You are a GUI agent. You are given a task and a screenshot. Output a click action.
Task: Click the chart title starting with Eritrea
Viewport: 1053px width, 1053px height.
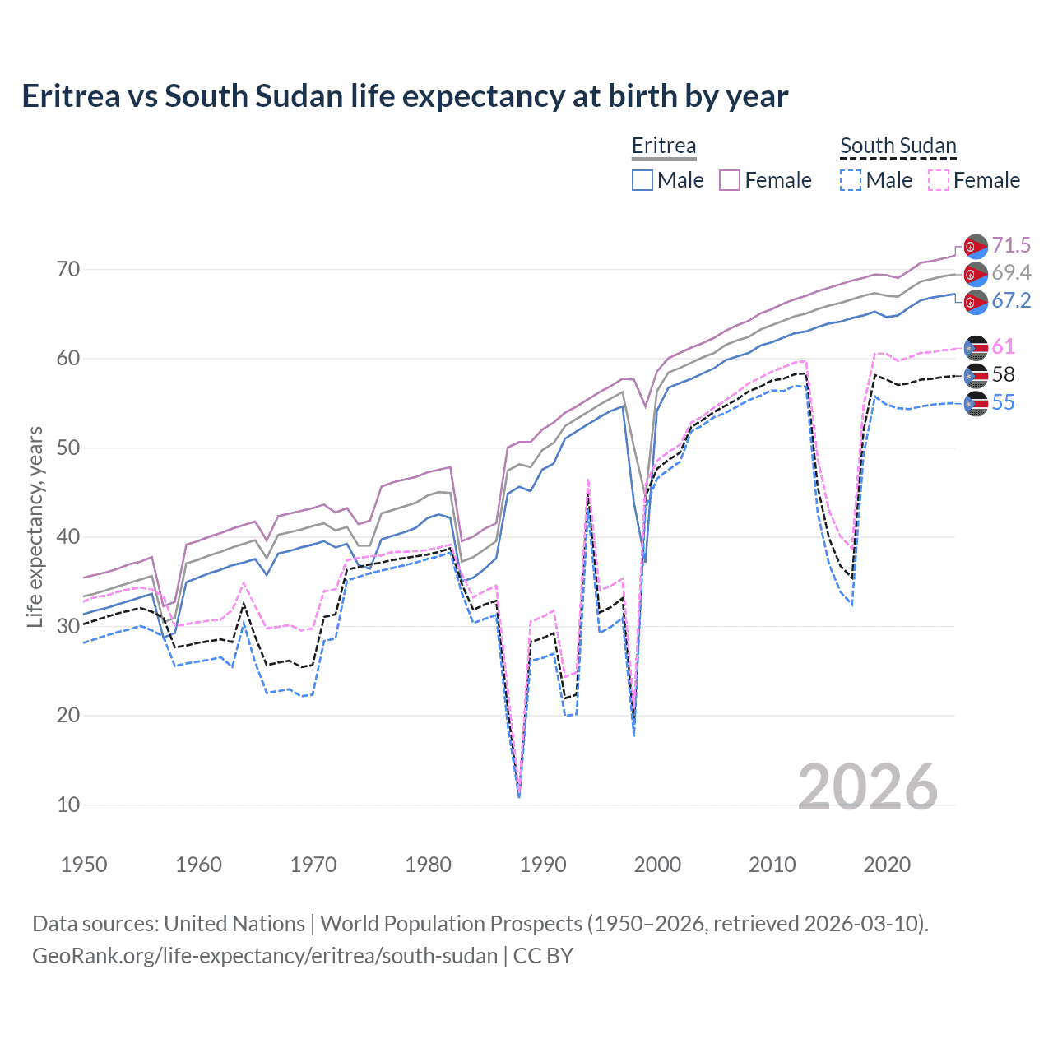(x=405, y=96)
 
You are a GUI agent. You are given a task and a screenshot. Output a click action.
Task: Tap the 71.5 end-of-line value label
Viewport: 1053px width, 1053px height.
(x=1011, y=245)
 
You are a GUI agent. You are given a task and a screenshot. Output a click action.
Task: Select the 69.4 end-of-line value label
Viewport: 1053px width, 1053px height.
(x=1011, y=272)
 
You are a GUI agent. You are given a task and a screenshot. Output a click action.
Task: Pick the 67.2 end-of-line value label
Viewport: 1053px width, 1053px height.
(x=1011, y=300)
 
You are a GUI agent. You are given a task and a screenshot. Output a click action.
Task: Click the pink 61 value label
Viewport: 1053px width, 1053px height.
(x=1003, y=346)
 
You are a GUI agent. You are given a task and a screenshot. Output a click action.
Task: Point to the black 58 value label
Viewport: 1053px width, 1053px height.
(x=1003, y=374)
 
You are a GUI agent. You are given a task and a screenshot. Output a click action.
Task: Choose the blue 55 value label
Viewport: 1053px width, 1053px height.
(x=1003, y=402)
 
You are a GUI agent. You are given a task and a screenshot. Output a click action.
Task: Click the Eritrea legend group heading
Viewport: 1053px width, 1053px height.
(x=664, y=146)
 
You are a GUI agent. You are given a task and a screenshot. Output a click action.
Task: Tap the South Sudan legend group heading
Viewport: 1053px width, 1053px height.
(x=898, y=146)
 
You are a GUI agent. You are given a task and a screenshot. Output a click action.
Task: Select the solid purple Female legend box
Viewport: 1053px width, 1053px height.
(x=730, y=180)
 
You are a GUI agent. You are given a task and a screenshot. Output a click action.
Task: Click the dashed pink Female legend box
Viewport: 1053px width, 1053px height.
(x=939, y=180)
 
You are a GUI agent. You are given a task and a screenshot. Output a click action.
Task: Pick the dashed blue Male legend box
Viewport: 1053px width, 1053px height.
(x=851, y=180)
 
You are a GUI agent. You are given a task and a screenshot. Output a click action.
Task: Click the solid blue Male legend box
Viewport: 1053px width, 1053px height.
(x=642, y=180)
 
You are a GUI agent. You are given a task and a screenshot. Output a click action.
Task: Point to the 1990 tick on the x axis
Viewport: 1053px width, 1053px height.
(x=543, y=865)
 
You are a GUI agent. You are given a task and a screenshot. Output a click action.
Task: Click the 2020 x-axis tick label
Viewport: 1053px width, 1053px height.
(x=887, y=865)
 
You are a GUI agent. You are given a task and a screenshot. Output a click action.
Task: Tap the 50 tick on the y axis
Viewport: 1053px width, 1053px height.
(x=68, y=448)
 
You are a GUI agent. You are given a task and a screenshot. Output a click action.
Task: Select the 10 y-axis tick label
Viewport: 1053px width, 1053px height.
(x=68, y=805)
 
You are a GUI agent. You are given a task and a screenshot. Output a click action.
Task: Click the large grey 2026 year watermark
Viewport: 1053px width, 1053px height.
(x=868, y=787)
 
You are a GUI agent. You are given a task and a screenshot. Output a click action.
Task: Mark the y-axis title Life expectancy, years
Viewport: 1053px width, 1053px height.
(x=35, y=526)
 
